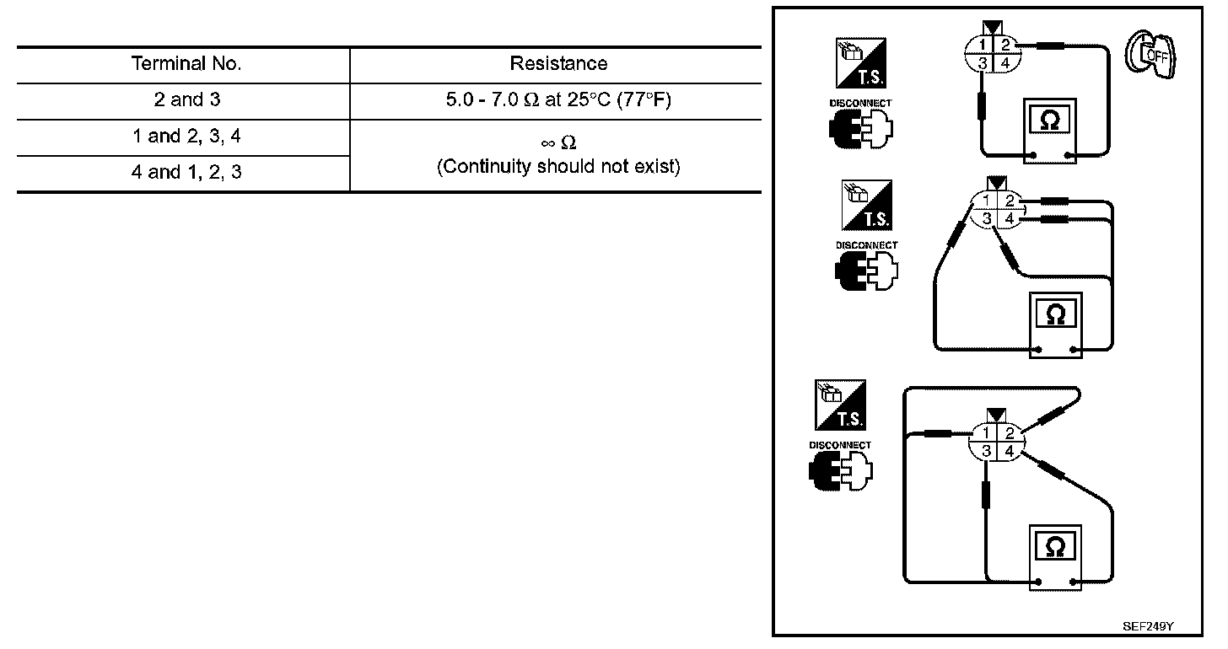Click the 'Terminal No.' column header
point(186,63)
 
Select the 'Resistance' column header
point(558,63)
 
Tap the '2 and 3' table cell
point(186,99)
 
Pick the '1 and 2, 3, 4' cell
point(186,136)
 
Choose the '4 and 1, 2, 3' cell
point(186,173)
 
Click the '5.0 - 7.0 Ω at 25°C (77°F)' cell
point(558,99)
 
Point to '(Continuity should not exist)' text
point(558,166)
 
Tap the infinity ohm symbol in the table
point(558,143)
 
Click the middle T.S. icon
point(866,205)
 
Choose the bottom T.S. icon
point(839,404)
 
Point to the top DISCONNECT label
point(859,103)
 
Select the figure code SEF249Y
point(1148,626)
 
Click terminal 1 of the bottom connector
point(985,432)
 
